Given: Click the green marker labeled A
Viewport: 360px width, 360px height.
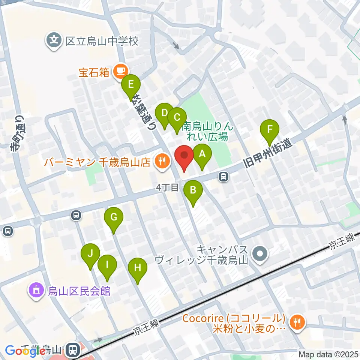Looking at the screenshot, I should click(x=202, y=154).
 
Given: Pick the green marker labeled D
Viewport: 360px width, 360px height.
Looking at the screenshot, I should click(x=164, y=113).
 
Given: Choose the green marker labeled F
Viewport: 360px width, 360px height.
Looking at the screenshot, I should click(x=270, y=130).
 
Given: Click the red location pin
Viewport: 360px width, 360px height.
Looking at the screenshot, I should click(x=184, y=155).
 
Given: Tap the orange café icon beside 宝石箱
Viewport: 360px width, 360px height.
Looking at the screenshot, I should click(x=120, y=70).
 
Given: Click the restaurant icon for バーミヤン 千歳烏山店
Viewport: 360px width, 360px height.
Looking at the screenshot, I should click(x=162, y=162).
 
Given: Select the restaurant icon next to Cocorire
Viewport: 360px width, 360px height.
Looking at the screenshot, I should click(x=297, y=321).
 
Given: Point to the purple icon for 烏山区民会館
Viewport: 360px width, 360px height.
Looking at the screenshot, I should click(x=36, y=290).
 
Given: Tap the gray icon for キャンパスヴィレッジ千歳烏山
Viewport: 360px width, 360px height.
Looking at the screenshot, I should click(x=259, y=254).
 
